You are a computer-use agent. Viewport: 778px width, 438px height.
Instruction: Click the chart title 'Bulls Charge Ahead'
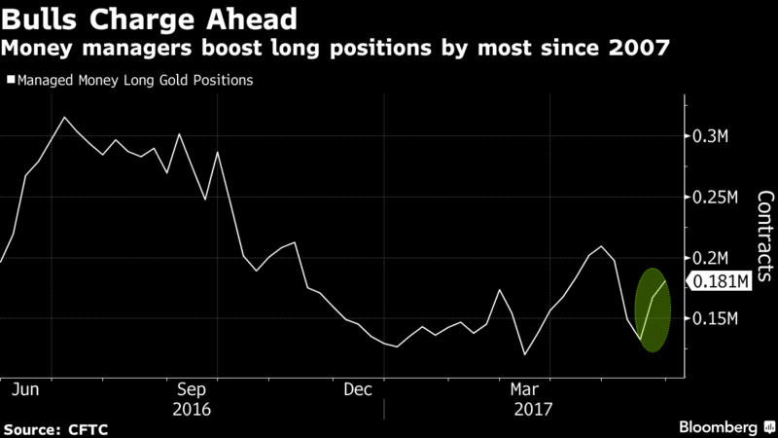pyautogui.click(x=149, y=18)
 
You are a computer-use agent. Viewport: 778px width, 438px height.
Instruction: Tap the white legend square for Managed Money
pyautogui.click(x=11, y=80)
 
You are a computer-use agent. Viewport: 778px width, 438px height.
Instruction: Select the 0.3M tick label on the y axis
pyautogui.click(x=710, y=136)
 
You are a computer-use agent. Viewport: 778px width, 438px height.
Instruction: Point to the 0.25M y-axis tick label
pyautogui.click(x=715, y=198)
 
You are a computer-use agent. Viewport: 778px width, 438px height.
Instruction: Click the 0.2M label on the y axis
pyautogui.click(x=710, y=258)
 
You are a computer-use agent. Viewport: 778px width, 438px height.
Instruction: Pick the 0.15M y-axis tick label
pyautogui.click(x=715, y=318)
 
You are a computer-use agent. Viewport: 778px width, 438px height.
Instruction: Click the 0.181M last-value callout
pyautogui.click(x=719, y=281)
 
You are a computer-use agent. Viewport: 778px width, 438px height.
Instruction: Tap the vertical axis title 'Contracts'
pyautogui.click(x=765, y=237)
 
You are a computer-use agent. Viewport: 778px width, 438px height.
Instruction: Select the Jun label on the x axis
pyautogui.click(x=25, y=389)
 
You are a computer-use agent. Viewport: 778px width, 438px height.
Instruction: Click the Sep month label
pyautogui.click(x=192, y=389)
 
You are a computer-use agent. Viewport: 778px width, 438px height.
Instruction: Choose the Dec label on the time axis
pyautogui.click(x=358, y=389)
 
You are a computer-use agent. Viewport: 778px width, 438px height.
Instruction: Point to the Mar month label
pyautogui.click(x=524, y=389)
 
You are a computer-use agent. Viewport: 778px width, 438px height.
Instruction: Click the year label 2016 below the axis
pyautogui.click(x=192, y=410)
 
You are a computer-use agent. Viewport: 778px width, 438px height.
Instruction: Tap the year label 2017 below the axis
pyautogui.click(x=533, y=410)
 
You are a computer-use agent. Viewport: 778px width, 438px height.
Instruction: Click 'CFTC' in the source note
pyautogui.click(x=88, y=429)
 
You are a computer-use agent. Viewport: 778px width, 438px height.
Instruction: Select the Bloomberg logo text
pyautogui.click(x=718, y=427)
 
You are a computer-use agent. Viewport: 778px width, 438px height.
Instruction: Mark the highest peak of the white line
pyautogui.click(x=64, y=117)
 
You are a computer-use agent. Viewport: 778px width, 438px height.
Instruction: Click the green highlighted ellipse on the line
pyautogui.click(x=653, y=310)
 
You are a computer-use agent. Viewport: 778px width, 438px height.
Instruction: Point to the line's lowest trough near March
pyautogui.click(x=524, y=354)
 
